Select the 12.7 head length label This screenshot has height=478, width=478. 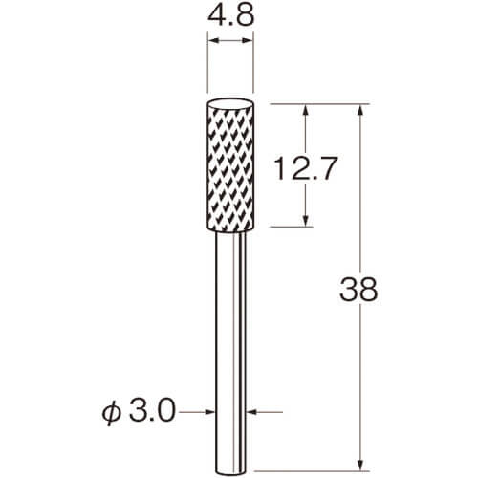click(305, 168)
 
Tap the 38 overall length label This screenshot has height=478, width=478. click(358, 290)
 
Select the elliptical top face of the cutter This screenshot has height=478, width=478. click(230, 104)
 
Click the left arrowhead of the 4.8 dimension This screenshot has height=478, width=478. click(212, 40)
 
